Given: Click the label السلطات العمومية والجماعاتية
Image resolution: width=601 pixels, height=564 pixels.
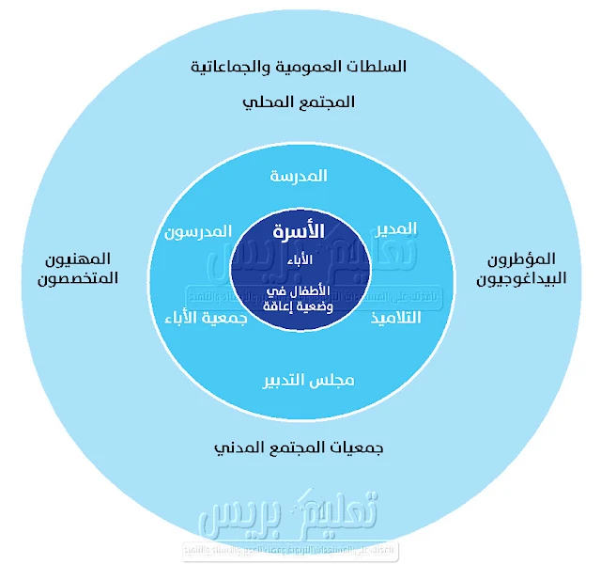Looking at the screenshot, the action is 299,68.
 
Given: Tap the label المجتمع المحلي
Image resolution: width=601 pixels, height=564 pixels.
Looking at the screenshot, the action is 299,101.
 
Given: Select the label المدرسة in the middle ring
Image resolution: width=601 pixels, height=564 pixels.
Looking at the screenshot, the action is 299,176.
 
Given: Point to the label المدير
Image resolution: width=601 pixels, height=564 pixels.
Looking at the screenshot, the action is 396,228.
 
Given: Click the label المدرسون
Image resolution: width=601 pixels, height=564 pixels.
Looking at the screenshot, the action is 198,231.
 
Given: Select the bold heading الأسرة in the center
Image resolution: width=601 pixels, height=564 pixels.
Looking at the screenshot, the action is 299,230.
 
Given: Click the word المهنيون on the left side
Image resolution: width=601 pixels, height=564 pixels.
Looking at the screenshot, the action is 79,258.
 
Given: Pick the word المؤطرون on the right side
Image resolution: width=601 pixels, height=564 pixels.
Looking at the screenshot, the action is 522,258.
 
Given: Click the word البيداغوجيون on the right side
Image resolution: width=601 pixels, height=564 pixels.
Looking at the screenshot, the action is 521,278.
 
